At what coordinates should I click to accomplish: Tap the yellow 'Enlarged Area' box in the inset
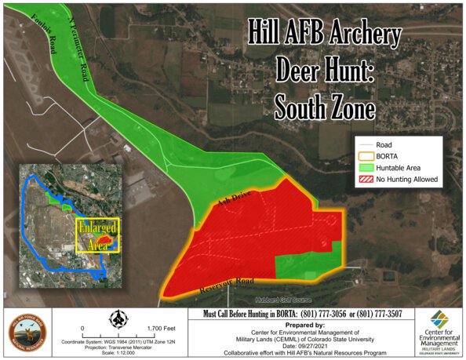click(x=96, y=235)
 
